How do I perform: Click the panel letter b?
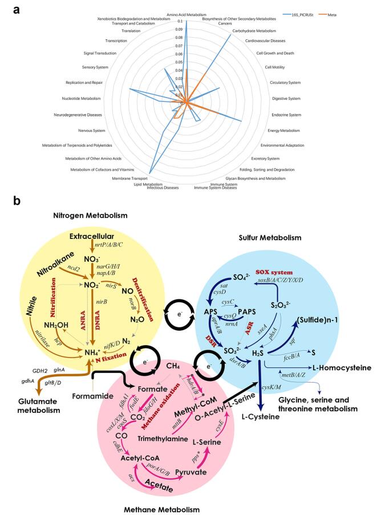(18, 201)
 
